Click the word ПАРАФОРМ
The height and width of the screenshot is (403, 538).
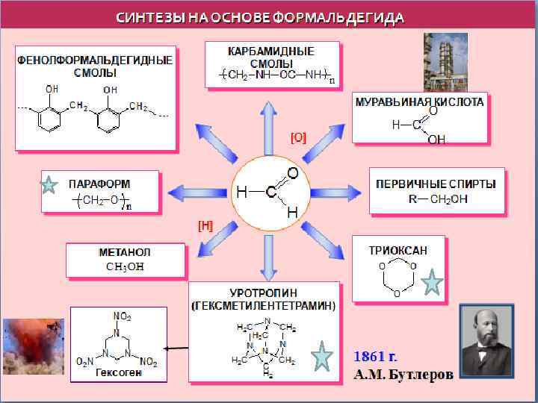[99, 184]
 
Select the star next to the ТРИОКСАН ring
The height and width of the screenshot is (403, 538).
[433, 284]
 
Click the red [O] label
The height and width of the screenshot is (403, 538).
[298, 137]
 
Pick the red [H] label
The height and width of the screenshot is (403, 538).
[205, 225]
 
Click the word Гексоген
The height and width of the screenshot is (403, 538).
[119, 372]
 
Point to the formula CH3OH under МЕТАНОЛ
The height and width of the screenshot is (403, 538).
[125, 266]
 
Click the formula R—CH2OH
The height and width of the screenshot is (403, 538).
[437, 199]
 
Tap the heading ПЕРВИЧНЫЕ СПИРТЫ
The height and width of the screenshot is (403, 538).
[436, 183]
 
